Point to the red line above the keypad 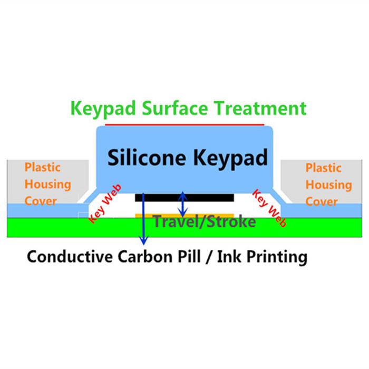click(x=184, y=125)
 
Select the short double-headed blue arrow click(x=182, y=204)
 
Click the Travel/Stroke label click(x=205, y=221)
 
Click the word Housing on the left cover click(x=47, y=184)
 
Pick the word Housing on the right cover click(x=328, y=185)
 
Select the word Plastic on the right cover click(x=323, y=168)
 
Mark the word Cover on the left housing click(x=41, y=201)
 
